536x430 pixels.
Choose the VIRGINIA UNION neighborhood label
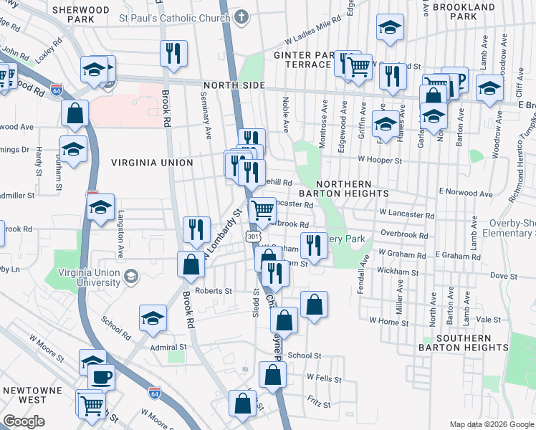click(152, 163)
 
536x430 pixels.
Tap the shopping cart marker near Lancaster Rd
click(263, 210)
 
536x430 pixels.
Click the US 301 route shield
click(252, 235)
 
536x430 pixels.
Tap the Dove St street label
click(503, 275)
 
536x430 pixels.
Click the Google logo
click(24, 421)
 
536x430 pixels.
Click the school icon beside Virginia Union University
click(131, 277)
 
